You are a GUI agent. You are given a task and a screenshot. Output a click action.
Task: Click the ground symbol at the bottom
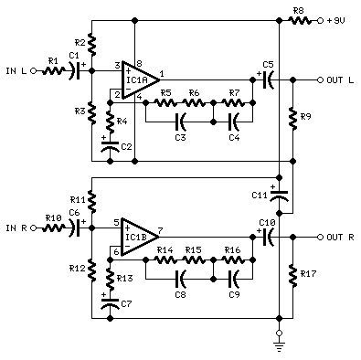(279, 345)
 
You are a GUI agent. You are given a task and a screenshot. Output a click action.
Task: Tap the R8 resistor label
(298, 10)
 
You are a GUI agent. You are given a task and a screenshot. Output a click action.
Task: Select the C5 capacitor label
(268, 64)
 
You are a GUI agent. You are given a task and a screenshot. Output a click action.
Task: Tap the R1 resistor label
(52, 61)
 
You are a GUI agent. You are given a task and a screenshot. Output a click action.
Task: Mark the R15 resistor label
(193, 249)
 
